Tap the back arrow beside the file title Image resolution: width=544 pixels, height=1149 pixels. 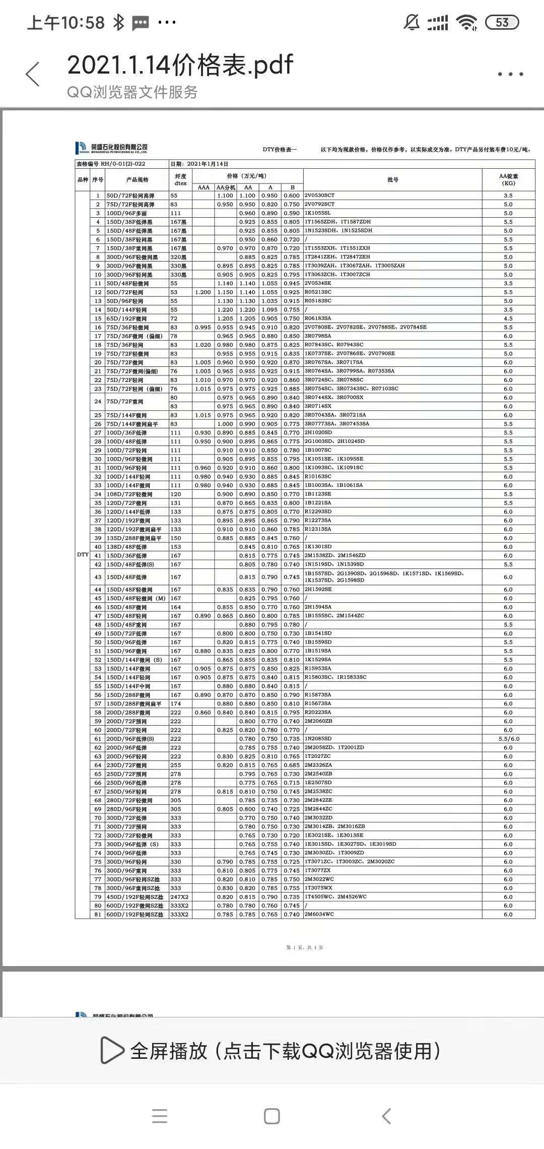coord(33,74)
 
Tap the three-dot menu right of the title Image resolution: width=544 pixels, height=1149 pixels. coord(510,74)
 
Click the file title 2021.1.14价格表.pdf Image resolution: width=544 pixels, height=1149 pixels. coord(180,65)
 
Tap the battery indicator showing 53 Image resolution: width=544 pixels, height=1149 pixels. coord(502,22)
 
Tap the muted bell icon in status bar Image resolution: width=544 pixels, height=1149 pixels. coord(412,22)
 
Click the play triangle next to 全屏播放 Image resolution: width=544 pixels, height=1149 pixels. coord(112,1050)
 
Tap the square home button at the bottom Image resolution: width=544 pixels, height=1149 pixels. coord(271,1116)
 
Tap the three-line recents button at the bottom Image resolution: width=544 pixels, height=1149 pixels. coord(159,1116)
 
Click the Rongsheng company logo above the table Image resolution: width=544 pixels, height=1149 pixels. coord(111,148)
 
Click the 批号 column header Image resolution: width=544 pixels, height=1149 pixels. coord(392,179)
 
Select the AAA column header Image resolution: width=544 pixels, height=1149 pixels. coord(203,187)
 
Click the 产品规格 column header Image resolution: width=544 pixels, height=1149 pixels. coord(137,179)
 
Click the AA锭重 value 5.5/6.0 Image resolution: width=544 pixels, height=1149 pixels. coord(508,739)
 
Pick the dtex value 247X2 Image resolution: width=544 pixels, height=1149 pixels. coord(179,897)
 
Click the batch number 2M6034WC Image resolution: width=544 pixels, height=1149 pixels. coord(319,914)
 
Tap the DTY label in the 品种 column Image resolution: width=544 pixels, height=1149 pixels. coord(83,554)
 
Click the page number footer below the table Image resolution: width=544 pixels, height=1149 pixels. coord(305,947)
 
